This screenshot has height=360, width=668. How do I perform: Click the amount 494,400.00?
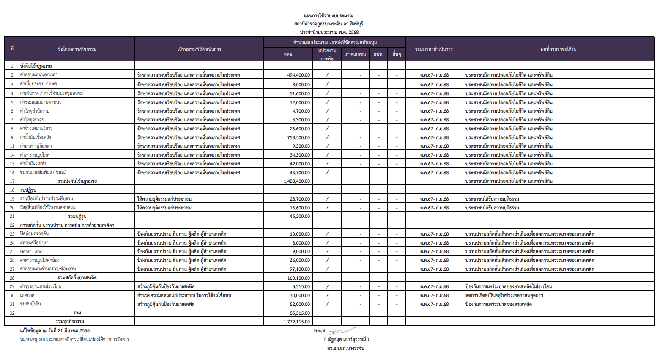click(x=298, y=75)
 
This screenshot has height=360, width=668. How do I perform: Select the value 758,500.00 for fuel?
click(x=298, y=137)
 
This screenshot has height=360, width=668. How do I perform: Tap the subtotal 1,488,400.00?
click(x=297, y=181)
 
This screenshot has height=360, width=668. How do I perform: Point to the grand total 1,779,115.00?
click(x=297, y=322)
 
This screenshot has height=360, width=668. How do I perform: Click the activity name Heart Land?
click(x=31, y=251)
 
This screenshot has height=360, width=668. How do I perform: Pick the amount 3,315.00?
click(x=301, y=286)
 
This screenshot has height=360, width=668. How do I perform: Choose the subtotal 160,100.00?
click(x=298, y=278)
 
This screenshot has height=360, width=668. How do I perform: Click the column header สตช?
click(x=288, y=54)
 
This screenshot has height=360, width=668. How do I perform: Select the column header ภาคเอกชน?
click(x=356, y=54)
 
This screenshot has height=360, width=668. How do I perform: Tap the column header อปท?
click(x=378, y=54)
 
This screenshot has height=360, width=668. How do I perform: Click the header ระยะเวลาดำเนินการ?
click(x=434, y=49)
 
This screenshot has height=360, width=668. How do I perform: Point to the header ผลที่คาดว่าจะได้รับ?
click(x=558, y=49)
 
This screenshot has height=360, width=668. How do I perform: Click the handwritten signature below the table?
click(x=342, y=331)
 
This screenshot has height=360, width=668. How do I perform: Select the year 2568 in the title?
click(x=353, y=32)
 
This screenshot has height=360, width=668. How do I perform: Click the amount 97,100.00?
click(x=300, y=269)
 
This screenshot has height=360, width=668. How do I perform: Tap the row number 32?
click(x=12, y=313)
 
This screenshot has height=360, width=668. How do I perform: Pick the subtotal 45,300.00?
click(x=300, y=216)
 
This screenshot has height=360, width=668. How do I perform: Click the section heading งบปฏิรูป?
click(x=28, y=190)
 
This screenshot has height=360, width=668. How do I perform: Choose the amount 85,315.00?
click(x=300, y=313)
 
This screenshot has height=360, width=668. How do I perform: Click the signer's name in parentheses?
click(x=347, y=339)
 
